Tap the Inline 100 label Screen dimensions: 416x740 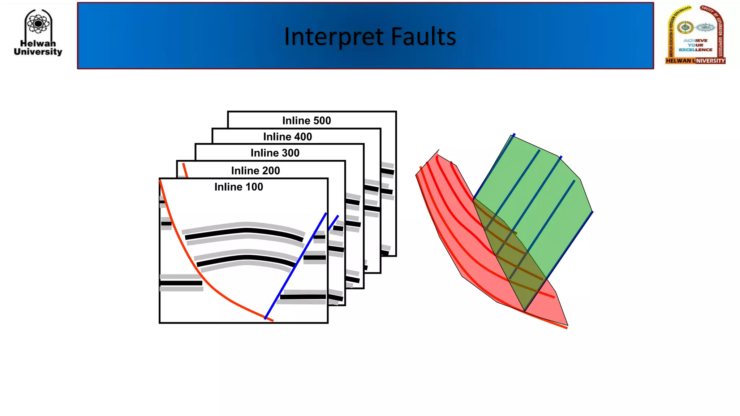tap(238, 187)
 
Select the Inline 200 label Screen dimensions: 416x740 tap(255, 170)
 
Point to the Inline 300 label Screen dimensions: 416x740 tap(275, 153)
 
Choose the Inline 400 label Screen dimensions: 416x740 tap(287, 136)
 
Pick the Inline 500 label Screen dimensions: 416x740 tap(306, 120)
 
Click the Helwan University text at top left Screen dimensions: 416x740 tap(38, 48)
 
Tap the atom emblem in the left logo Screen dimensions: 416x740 tap(38, 24)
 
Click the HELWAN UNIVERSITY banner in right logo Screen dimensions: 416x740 tap(695, 61)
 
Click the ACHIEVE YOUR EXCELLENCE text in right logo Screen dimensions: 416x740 tap(695, 45)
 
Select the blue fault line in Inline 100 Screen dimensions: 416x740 tap(296, 265)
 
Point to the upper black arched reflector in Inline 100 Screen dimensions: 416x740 tap(246, 230)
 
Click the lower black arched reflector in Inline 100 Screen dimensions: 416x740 tap(246, 257)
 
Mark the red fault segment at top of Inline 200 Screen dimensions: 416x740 tap(185, 170)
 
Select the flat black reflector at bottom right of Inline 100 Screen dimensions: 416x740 tap(303, 297)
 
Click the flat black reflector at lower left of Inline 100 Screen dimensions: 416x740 tap(181, 283)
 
